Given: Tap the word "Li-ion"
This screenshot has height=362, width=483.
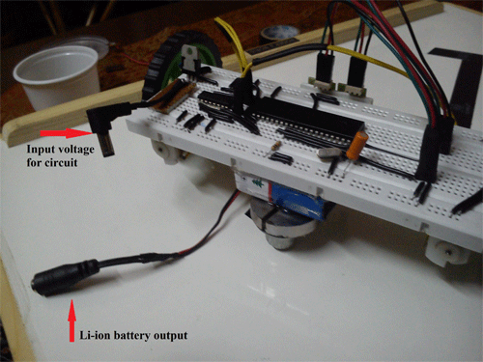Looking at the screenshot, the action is tap(100, 335).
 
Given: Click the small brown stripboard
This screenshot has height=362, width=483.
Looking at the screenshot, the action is tap(178, 93).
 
